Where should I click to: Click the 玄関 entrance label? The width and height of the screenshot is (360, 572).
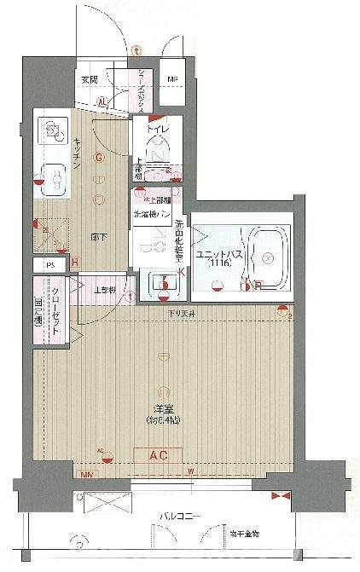click(90, 79)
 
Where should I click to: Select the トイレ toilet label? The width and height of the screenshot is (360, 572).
click(160, 130)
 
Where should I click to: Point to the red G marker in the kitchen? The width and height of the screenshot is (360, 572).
click(99, 158)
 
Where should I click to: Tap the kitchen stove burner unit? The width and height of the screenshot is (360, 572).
click(54, 130)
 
